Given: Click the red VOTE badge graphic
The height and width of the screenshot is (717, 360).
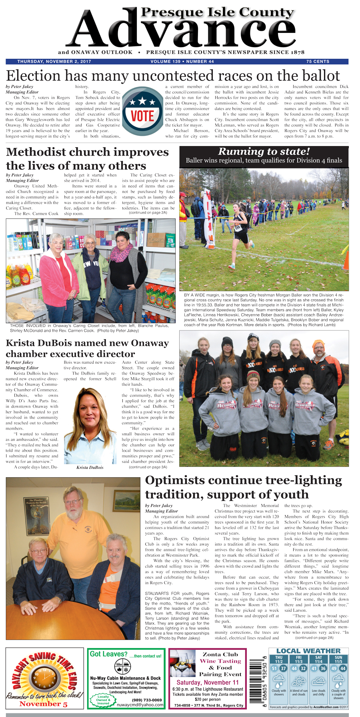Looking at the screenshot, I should click(x=142, y=111).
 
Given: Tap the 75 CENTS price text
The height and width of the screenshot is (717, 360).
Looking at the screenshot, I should click(x=318, y=62).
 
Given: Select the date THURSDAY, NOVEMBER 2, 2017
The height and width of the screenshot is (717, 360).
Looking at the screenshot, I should click(x=54, y=62).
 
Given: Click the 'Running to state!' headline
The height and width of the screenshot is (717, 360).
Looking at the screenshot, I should click(x=264, y=152).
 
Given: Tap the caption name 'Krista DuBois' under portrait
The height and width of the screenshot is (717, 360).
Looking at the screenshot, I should click(x=90, y=467).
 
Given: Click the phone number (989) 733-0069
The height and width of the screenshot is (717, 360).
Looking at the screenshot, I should click(x=147, y=700).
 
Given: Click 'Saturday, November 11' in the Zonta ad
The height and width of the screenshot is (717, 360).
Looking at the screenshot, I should click(x=208, y=682).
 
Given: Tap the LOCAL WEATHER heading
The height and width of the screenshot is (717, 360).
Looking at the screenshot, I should click(x=308, y=651).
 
